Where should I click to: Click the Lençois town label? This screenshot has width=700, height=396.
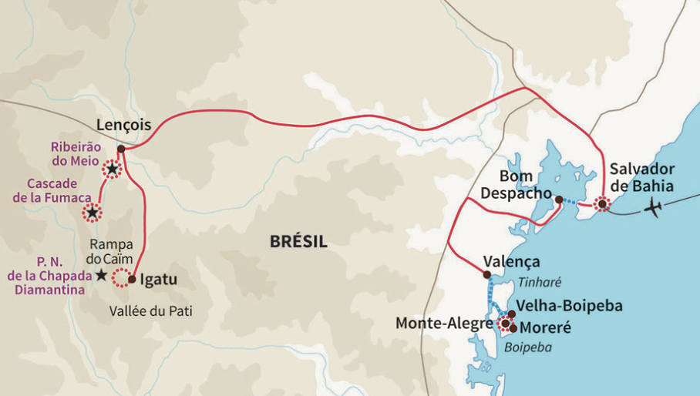(123, 125)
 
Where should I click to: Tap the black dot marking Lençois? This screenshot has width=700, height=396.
(121, 149)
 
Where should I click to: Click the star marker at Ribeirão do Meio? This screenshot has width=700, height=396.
(112, 169)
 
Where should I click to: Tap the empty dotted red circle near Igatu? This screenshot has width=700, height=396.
(121, 278)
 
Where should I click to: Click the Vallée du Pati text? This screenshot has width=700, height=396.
(150, 311)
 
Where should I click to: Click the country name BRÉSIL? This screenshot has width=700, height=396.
(298, 242)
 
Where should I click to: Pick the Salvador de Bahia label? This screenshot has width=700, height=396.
(641, 177)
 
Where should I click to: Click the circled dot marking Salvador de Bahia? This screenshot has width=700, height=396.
(601, 204)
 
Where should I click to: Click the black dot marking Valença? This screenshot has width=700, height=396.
(486, 274)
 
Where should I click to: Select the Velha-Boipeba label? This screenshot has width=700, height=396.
(569, 306)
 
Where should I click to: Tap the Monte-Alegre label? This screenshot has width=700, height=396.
(444, 324)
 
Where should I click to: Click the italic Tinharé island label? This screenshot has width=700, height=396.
(540, 282)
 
